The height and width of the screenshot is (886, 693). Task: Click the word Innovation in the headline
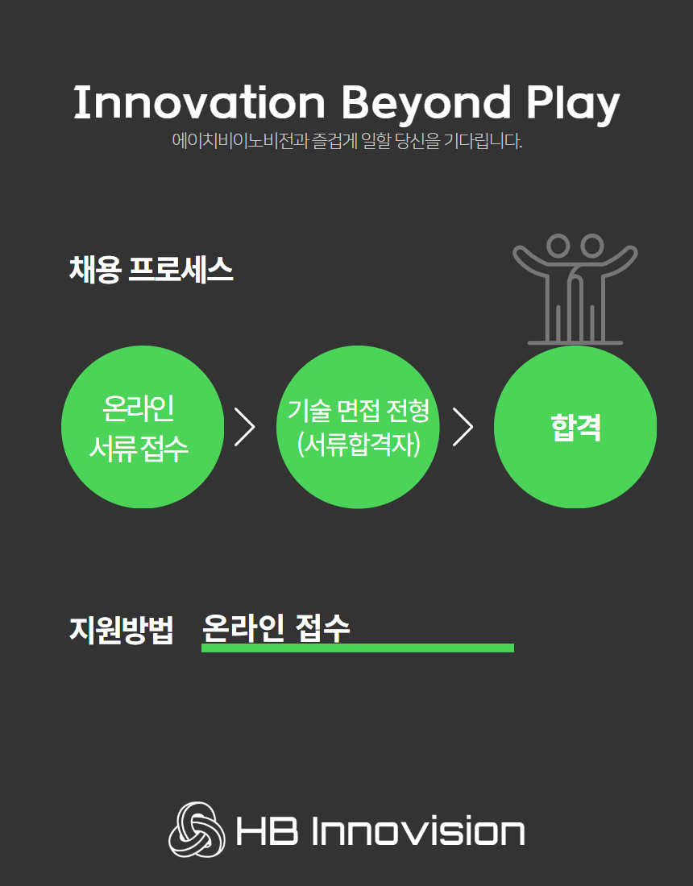click(x=200, y=102)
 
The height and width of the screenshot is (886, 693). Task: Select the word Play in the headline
click(x=573, y=105)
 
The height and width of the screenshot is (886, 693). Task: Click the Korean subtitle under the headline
click(x=347, y=141)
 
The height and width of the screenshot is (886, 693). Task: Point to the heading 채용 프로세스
click(x=151, y=269)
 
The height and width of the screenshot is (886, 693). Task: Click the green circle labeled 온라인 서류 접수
click(x=143, y=427)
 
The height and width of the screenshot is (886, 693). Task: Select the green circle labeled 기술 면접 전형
click(x=358, y=427)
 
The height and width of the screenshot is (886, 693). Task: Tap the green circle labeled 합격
click(x=575, y=427)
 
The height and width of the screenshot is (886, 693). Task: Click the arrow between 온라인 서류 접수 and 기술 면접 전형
click(x=245, y=427)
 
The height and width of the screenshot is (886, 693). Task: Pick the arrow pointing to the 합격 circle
click(x=463, y=427)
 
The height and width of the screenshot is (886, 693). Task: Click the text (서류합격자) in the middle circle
click(x=359, y=445)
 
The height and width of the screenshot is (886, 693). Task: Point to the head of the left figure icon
click(x=558, y=246)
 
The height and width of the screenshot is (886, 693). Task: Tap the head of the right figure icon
click(x=591, y=246)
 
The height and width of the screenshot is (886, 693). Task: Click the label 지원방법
click(x=121, y=630)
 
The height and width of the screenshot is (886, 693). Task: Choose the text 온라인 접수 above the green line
click(x=276, y=627)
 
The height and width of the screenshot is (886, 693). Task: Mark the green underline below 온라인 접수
click(x=358, y=648)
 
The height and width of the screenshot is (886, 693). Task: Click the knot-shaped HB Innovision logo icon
click(x=197, y=829)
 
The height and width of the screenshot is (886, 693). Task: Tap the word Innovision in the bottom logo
click(x=418, y=831)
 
